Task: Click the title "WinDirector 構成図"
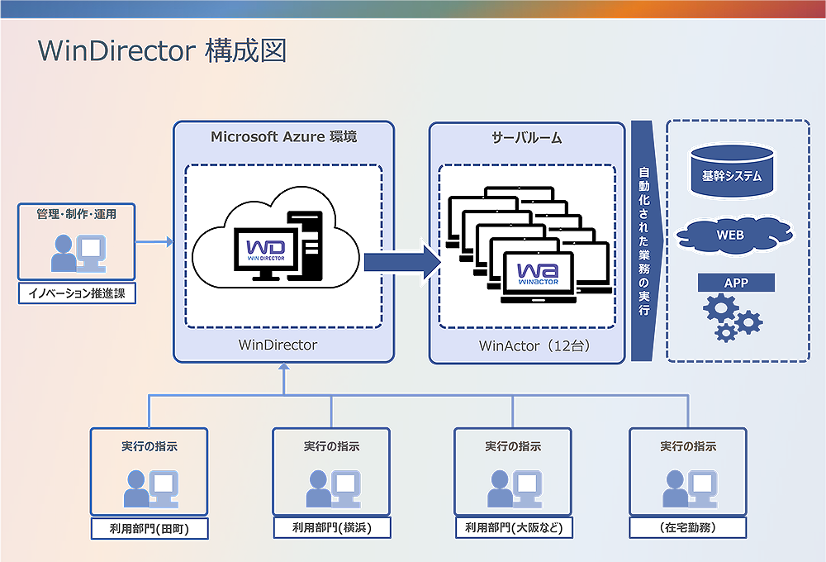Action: [162, 50]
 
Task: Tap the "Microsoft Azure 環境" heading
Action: [283, 136]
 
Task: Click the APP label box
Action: [736, 283]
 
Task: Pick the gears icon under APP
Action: [732, 318]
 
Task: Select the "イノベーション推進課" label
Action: [77, 293]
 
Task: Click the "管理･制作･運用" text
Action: [76, 214]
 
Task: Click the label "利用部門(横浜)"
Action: [331, 527]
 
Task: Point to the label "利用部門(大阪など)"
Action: [513, 527]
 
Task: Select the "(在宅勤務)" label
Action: [688, 527]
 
